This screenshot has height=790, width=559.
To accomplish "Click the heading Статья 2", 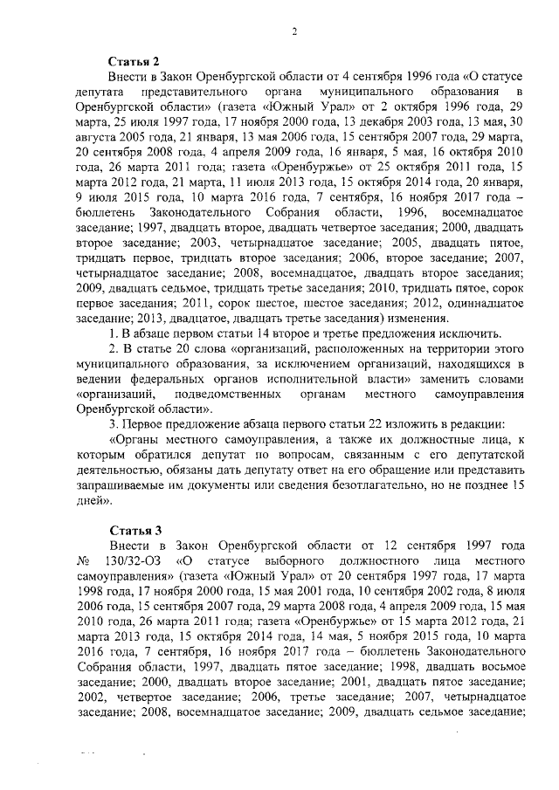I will (133, 61).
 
